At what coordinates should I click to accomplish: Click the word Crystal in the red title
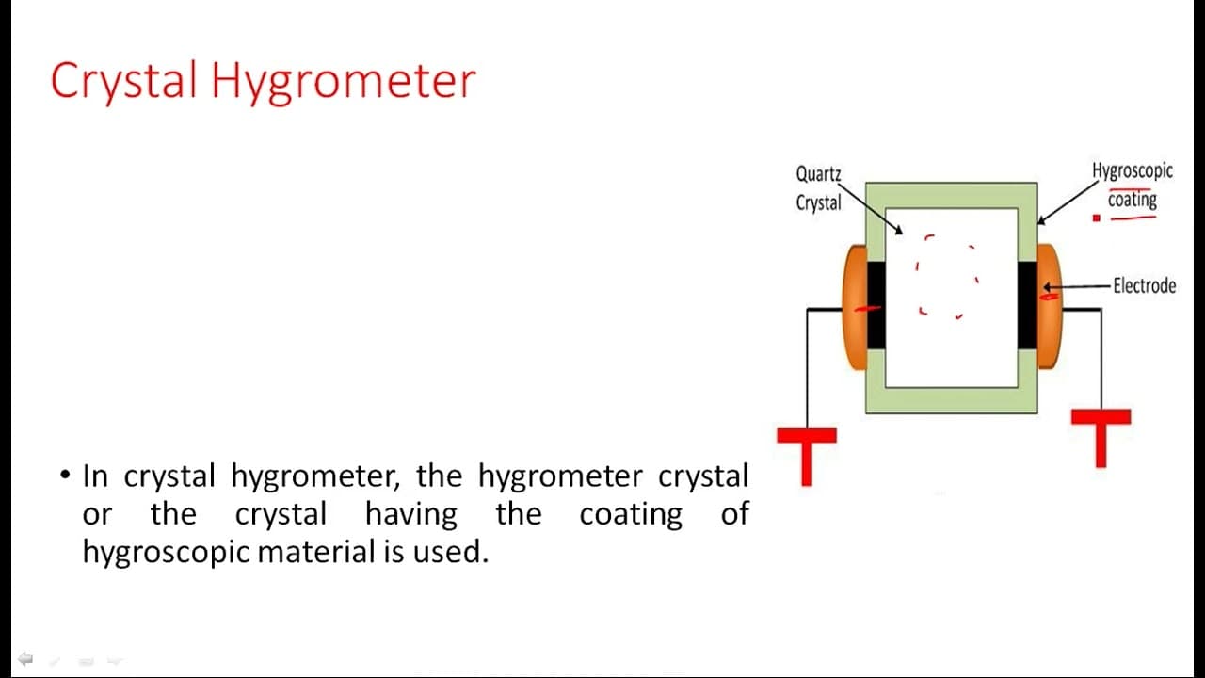tap(123, 81)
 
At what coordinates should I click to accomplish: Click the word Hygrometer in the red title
tap(344, 82)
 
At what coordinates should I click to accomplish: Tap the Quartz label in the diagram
tap(818, 174)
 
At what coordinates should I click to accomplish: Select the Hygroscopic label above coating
tap(1132, 171)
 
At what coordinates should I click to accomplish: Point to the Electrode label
tap(1144, 285)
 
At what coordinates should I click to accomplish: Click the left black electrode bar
tap(876, 305)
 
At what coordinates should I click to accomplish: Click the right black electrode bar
tap(1027, 305)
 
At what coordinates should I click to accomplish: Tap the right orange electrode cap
tap(1050, 307)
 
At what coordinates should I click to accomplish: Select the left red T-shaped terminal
tap(807, 456)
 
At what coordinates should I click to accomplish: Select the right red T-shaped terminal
tap(1101, 438)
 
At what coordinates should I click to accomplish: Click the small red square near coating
tap(1097, 218)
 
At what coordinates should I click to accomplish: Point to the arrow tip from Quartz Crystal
tap(902, 234)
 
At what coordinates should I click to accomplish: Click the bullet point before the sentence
tap(65, 476)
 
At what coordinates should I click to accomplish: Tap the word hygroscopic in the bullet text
tap(166, 553)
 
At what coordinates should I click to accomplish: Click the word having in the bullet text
tap(411, 514)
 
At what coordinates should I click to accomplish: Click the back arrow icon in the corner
tap(25, 658)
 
